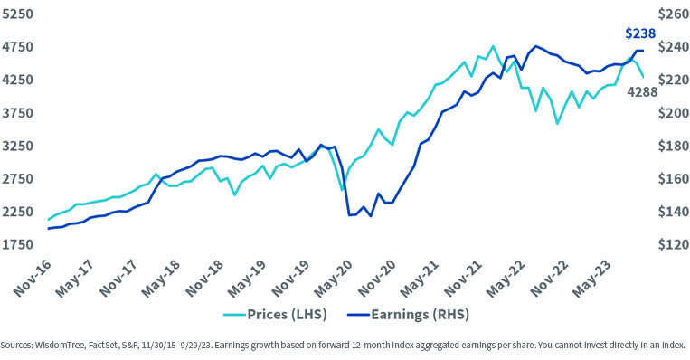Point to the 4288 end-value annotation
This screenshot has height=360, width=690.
pyautogui.click(x=643, y=91)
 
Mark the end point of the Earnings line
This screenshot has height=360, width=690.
pyautogui.click(x=642, y=51)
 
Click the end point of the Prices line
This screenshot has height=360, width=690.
pyautogui.click(x=643, y=78)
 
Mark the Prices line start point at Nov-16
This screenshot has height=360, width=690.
pyautogui.click(x=48, y=220)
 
